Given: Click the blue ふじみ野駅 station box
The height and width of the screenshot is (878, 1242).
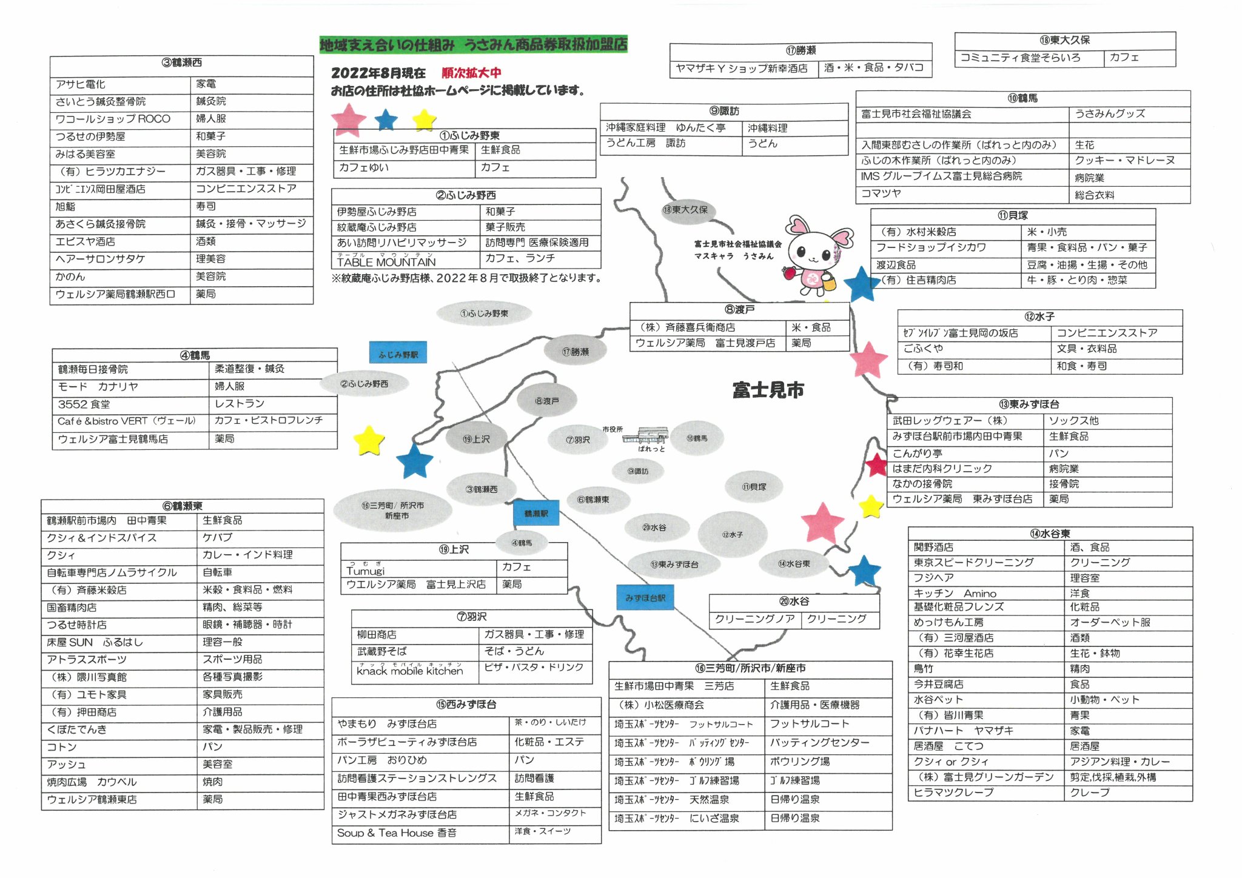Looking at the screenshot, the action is [398, 353].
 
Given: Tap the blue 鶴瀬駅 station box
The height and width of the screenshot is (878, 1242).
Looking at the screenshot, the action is [535, 513].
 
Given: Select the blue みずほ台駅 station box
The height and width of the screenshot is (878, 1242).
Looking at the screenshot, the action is [645, 597].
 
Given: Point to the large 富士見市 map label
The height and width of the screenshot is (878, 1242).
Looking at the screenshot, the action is [768, 390].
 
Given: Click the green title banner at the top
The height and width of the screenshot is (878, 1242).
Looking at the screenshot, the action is [473, 44].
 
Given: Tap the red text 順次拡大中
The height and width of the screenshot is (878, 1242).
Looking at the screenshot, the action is [471, 73].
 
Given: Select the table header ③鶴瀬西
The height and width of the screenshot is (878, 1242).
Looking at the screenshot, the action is [181, 62].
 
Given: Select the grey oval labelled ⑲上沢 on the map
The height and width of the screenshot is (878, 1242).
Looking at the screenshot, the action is [476, 439].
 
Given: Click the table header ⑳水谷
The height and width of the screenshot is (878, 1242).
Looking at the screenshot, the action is [794, 602].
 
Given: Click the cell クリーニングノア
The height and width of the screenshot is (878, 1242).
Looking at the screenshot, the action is [755, 619].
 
